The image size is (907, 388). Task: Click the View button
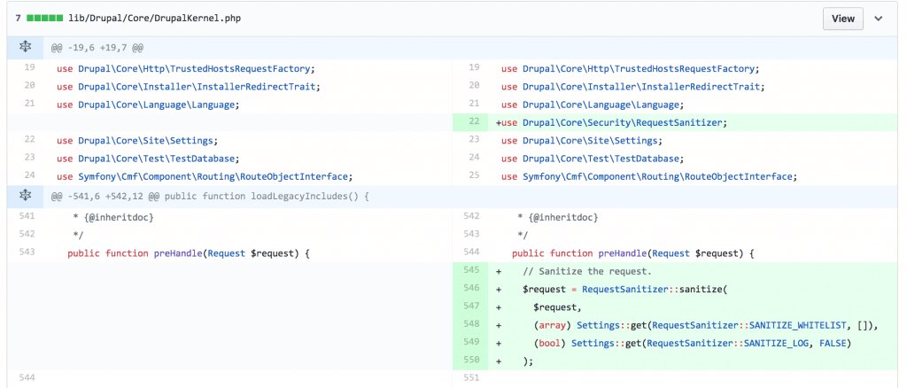(x=843, y=18)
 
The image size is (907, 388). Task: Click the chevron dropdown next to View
(x=879, y=18)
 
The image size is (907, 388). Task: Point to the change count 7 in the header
(x=18, y=18)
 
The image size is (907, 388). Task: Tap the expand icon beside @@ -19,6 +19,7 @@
(x=26, y=47)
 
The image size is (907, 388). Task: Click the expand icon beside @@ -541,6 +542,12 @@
(x=26, y=195)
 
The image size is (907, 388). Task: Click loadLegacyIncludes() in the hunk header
(x=311, y=195)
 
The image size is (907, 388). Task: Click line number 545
(x=470, y=270)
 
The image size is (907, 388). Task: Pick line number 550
(x=470, y=361)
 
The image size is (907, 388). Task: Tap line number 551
(x=470, y=378)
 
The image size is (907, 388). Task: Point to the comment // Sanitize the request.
(x=587, y=270)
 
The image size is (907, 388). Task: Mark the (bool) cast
(x=549, y=343)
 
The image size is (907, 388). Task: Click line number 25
(x=474, y=176)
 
